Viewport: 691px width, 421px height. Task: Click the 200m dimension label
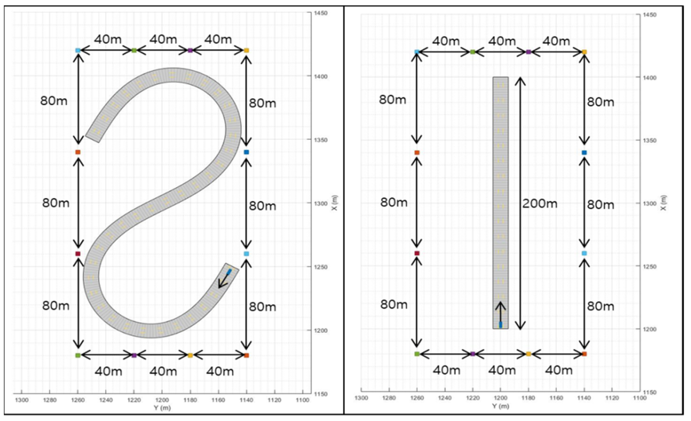pyautogui.click(x=539, y=204)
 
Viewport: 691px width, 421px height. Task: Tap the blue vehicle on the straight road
pyautogui.click(x=501, y=325)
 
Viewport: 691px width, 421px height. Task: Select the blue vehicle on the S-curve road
pyautogui.click(x=229, y=272)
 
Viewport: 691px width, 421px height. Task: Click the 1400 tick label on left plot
pyautogui.click(x=321, y=77)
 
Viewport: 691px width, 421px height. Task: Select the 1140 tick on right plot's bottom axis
pyautogui.click(x=584, y=398)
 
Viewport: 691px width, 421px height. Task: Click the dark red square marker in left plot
pyautogui.click(x=78, y=254)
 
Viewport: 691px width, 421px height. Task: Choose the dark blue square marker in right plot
pyautogui.click(x=584, y=153)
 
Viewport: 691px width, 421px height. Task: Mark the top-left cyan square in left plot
pyautogui.click(x=78, y=50)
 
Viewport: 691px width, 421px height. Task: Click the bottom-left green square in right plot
pyautogui.click(x=417, y=354)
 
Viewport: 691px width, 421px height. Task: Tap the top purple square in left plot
pyautogui.click(x=190, y=50)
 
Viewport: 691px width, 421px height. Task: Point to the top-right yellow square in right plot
pyautogui.click(x=584, y=52)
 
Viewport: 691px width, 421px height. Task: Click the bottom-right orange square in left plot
pyautogui.click(x=247, y=355)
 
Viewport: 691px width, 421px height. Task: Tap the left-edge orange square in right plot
pyautogui.click(x=417, y=153)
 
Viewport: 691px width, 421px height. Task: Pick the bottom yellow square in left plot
pyautogui.click(x=190, y=355)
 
